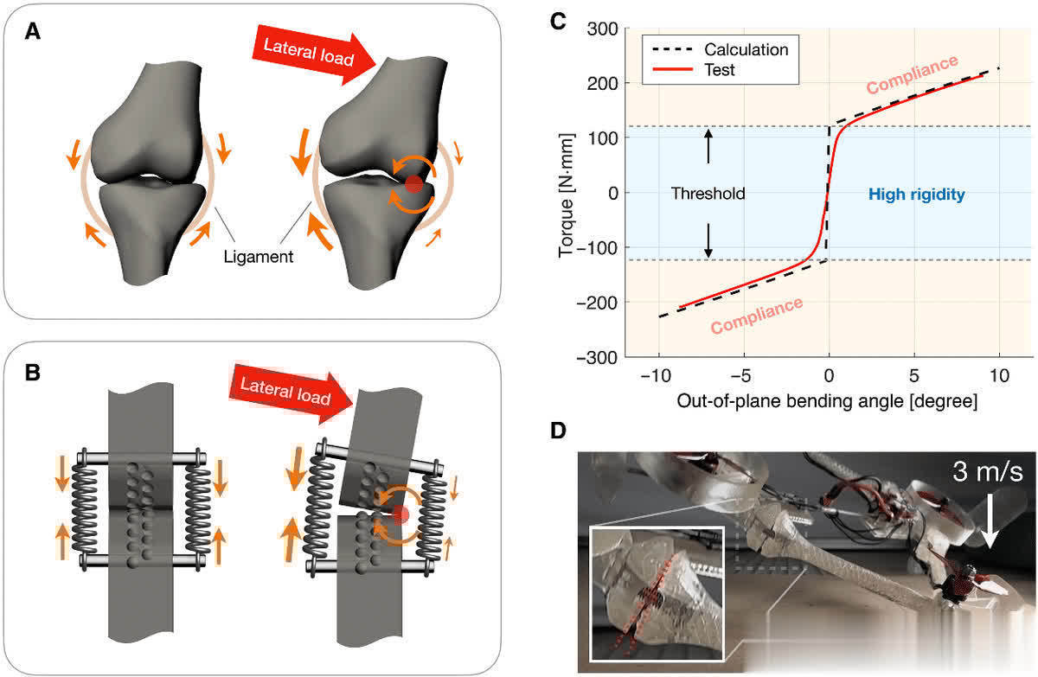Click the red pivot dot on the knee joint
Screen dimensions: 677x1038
pos(413,184)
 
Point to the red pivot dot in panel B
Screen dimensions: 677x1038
pos(400,515)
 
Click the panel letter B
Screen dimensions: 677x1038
pos(33,374)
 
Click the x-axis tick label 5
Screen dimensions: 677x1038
pos(914,378)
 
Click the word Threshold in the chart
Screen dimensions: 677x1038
pos(708,195)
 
